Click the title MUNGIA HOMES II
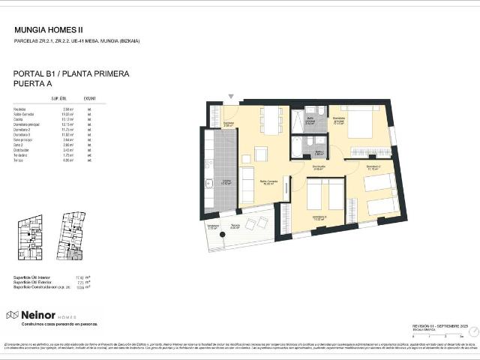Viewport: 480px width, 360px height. coord(49,30)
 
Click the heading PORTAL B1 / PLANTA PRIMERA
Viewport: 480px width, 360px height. coord(71,74)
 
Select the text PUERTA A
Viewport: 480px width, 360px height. coord(34,85)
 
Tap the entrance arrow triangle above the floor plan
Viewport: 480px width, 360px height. coord(231,96)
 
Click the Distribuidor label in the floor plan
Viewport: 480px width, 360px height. coord(319,166)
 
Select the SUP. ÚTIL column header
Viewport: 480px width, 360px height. coord(59,98)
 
